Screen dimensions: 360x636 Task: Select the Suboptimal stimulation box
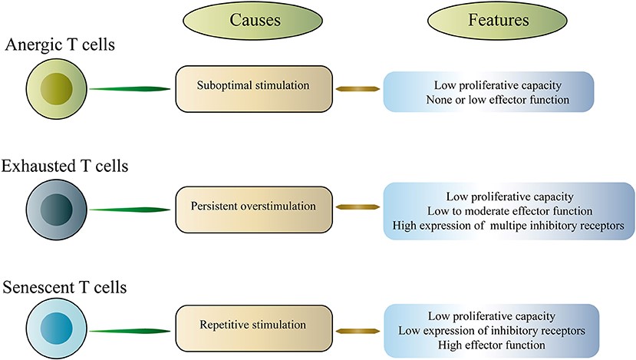point(254,89)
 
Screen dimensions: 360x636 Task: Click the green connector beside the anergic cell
point(129,90)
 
